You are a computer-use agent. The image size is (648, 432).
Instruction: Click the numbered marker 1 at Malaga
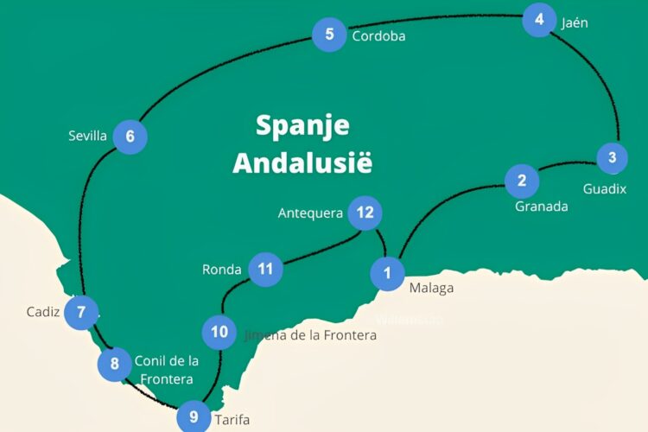point(387,273)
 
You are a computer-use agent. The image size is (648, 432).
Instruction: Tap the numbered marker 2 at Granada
point(522,181)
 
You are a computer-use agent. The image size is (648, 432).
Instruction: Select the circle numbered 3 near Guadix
point(613,158)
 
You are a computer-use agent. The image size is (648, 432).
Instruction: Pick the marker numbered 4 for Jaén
point(539,20)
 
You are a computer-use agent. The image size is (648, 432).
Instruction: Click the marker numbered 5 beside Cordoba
point(329,35)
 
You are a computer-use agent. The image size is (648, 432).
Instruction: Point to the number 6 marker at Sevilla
point(130,137)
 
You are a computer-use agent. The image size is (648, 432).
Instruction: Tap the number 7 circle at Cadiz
point(81,312)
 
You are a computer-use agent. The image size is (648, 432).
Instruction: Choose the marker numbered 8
point(115,364)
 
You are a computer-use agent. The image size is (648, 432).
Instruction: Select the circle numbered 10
point(219,332)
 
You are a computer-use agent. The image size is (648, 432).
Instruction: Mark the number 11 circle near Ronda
point(265,269)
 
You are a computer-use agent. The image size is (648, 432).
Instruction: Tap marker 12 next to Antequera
point(365,213)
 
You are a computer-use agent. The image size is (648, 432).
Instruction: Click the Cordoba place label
point(378,36)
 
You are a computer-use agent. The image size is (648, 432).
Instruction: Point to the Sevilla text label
point(87,136)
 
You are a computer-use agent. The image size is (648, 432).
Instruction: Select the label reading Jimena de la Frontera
point(311,334)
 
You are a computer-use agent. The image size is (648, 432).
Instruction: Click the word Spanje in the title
point(302,125)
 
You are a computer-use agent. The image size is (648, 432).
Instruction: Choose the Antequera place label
point(310,213)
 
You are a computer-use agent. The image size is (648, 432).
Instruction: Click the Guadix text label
point(604,188)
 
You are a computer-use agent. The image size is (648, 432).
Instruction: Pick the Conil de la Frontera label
point(166,370)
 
